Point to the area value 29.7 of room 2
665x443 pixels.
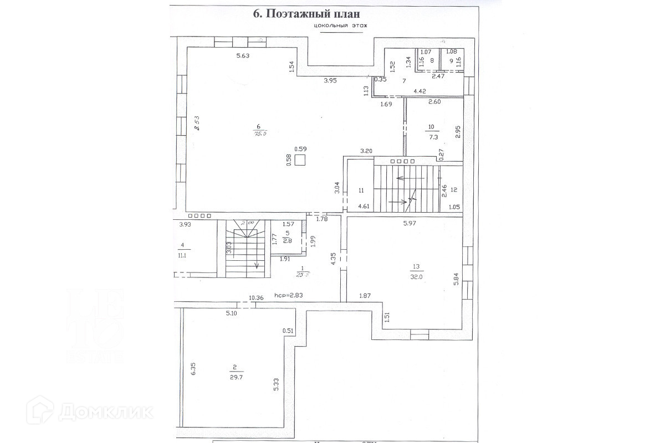pyautogui.click(x=235, y=375)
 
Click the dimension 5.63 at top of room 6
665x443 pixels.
pyautogui.click(x=243, y=55)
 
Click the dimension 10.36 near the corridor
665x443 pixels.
pyautogui.click(x=256, y=298)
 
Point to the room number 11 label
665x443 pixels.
pyautogui.click(x=361, y=190)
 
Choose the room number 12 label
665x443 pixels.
pyautogui.click(x=454, y=190)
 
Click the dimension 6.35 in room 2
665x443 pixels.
pyautogui.click(x=193, y=369)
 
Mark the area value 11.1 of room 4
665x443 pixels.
pyautogui.click(x=182, y=256)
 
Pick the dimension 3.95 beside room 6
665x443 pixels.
pyautogui.click(x=330, y=81)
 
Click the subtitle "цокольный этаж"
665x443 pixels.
pyautogui.click(x=340, y=26)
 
